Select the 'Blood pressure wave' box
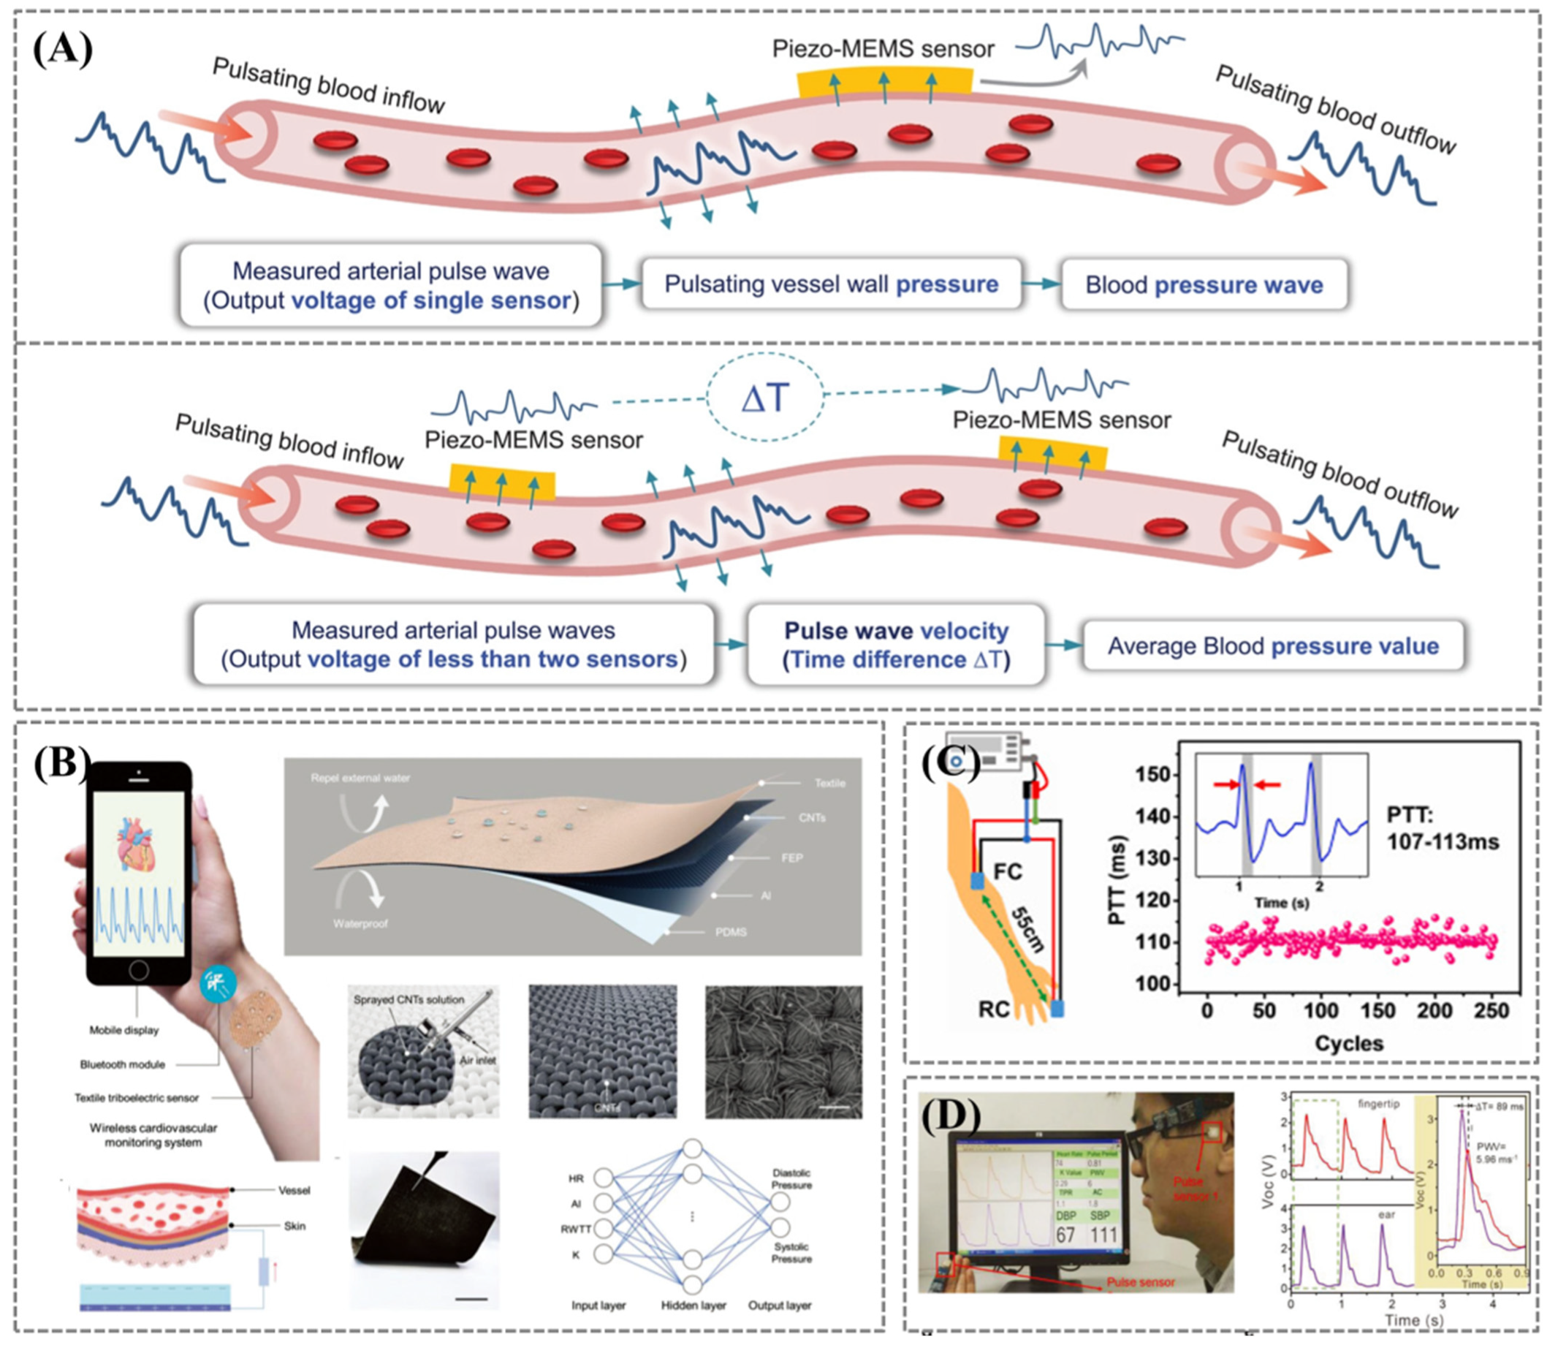click(1203, 284)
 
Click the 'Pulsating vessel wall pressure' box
click(831, 284)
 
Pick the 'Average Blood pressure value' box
click(1272, 645)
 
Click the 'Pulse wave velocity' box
click(897, 645)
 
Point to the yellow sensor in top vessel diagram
click(884, 83)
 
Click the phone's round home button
click(138, 969)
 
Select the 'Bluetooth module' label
click(123, 1064)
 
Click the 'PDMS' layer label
click(730, 932)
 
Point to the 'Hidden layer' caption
click(693, 1305)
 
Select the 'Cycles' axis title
click(1349, 1042)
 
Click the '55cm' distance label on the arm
click(1027, 929)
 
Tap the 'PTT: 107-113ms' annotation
click(1443, 827)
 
